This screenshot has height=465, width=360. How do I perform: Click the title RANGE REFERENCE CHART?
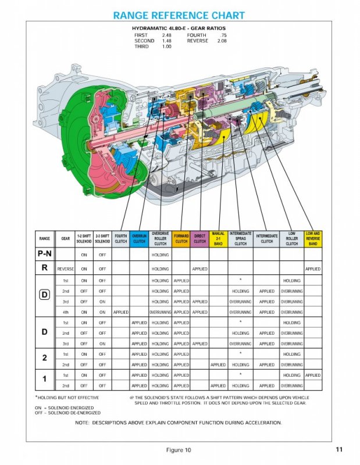179,16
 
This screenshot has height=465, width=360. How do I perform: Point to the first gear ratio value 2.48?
167,35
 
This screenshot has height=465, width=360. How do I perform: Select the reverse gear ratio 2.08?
222,41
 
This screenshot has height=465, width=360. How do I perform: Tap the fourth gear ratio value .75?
223,35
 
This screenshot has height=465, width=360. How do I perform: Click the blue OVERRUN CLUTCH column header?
139,239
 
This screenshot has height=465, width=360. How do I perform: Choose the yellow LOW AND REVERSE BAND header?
312,239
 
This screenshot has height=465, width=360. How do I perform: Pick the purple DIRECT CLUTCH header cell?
199,239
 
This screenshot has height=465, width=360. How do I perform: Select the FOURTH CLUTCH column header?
120,239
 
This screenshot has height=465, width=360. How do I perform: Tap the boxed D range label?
44,295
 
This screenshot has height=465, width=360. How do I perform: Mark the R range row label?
44,269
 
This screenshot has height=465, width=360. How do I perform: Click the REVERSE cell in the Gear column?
66,269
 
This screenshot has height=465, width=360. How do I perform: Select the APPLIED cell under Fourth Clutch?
120,312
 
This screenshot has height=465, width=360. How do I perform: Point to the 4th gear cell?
66,312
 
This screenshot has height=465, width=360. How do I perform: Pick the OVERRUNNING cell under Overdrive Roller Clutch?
160,312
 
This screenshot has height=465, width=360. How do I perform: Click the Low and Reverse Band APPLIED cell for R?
312,269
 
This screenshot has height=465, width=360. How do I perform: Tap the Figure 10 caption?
178,450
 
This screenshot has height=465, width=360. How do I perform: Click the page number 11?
339,449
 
